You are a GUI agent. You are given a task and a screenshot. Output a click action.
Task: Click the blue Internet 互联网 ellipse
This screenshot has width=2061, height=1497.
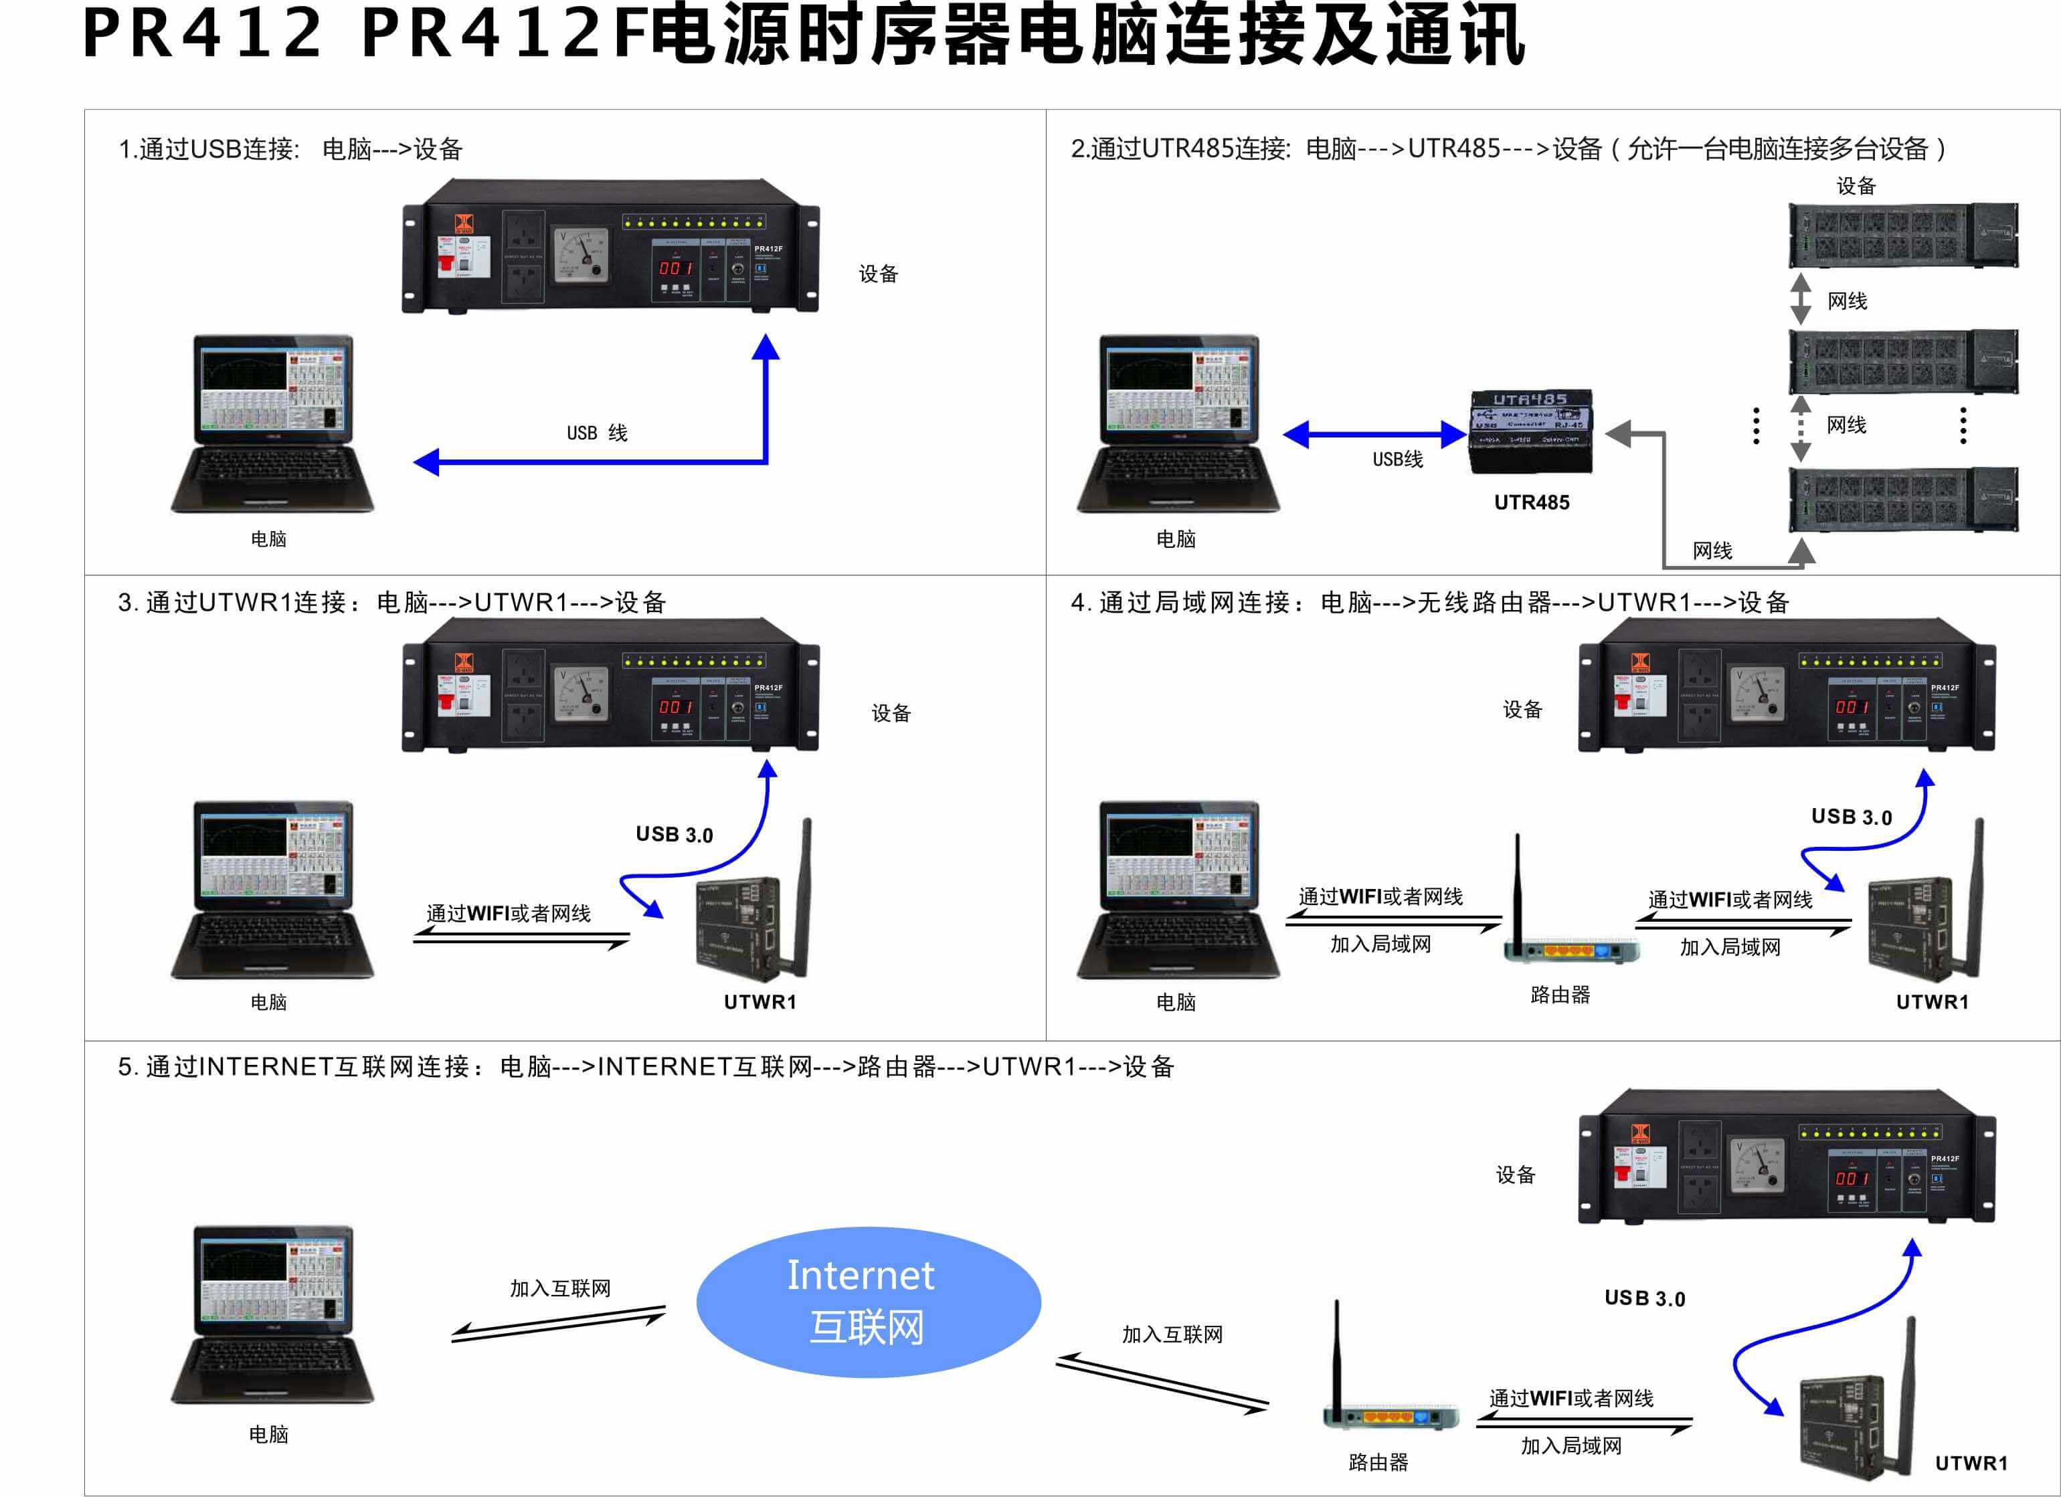(x=868, y=1301)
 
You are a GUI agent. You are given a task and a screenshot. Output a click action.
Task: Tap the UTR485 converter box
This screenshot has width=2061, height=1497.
(x=1531, y=431)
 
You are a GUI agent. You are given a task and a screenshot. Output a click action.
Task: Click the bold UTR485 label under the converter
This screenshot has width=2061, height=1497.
(x=1531, y=502)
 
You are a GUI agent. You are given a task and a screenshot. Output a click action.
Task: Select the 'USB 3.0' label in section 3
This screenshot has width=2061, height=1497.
(x=675, y=835)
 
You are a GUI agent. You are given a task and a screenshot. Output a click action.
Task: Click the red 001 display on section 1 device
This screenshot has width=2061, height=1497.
(x=676, y=268)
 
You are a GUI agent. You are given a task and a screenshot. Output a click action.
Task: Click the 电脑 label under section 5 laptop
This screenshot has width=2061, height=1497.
(x=269, y=1434)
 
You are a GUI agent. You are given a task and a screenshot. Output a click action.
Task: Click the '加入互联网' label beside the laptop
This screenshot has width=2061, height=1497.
(x=560, y=1288)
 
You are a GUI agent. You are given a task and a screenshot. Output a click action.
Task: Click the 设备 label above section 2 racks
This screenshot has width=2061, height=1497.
(x=1856, y=186)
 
